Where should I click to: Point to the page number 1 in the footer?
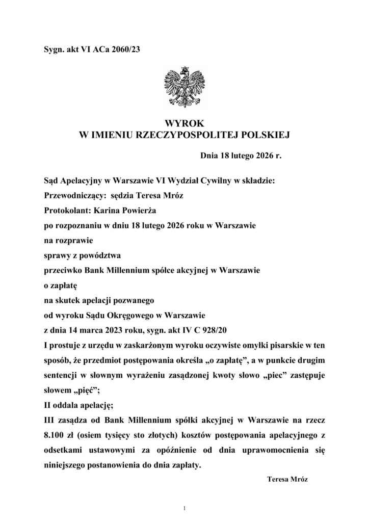tap(184, 508)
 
